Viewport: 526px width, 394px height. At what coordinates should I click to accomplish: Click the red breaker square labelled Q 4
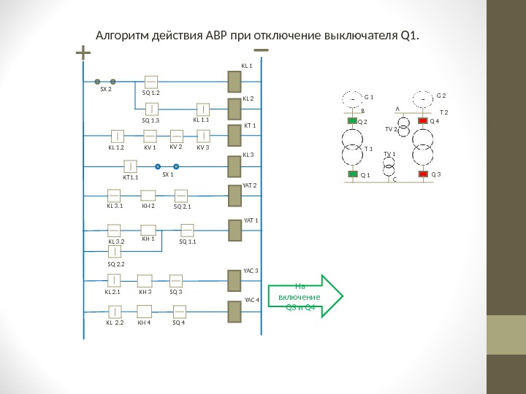[x=422, y=120]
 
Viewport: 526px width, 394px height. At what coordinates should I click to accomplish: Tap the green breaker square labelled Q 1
[x=351, y=175]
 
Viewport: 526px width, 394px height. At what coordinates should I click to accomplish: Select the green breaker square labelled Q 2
[x=351, y=120]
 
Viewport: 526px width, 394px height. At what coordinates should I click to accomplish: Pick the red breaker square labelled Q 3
[x=422, y=175]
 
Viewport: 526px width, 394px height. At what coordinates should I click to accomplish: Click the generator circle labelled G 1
[x=351, y=98]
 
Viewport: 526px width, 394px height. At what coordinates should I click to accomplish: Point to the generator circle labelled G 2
[x=422, y=98]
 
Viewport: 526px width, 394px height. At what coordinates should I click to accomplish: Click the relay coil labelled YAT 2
[x=235, y=200]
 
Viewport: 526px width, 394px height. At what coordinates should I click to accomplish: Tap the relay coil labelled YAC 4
[x=235, y=312]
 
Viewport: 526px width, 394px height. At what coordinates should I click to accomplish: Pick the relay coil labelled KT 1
[x=235, y=136]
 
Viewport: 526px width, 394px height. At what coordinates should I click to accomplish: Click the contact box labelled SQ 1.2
[x=152, y=82]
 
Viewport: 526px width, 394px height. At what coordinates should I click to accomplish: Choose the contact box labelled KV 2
[x=176, y=136]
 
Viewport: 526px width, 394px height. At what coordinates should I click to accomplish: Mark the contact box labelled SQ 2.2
[x=115, y=252]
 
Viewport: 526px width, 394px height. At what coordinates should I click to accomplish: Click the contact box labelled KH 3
[x=145, y=280]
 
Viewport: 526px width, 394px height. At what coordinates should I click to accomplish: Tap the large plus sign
[x=83, y=53]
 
